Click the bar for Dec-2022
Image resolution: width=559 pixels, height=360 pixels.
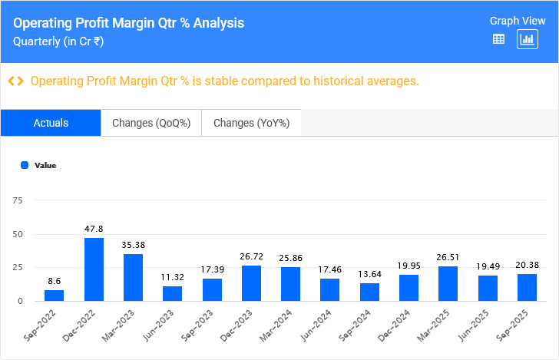94,269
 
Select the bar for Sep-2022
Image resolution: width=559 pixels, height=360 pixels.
55,296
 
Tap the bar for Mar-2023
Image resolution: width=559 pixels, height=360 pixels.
133,277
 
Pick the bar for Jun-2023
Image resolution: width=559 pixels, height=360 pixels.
172,293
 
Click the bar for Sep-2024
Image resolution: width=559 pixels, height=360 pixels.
369,292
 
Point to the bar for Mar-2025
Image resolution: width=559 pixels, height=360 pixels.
448,283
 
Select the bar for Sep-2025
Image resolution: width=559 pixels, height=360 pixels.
527,287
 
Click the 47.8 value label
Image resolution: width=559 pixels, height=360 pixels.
94,229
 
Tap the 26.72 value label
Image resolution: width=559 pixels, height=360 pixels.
251,257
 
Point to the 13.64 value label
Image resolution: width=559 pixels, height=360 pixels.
369,275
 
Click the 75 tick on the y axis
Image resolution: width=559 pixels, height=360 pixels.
18,200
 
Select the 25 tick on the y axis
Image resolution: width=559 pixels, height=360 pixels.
18,267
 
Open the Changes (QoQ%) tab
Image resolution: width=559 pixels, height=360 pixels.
150,123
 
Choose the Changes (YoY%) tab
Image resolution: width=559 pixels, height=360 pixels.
251,123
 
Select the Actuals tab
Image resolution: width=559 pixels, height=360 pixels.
51,123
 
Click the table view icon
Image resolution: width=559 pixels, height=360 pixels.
498,39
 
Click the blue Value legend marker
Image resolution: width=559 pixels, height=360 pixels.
25,165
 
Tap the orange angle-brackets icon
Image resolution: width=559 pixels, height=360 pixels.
15,81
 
